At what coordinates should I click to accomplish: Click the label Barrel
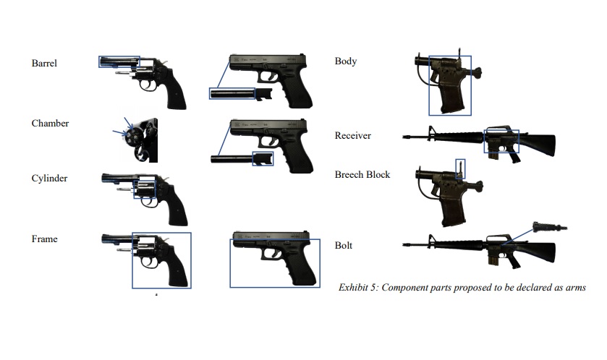coord(44,63)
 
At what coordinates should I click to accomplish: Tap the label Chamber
coord(50,123)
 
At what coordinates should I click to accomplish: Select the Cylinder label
coord(49,179)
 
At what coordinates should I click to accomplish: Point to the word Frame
coord(44,239)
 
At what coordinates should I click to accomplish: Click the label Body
coord(345,61)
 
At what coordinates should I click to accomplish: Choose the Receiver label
coord(352,135)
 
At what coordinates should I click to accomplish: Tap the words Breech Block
coord(362,174)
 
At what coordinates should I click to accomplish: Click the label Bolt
coord(344,245)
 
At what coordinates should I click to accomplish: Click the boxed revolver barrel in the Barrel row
coord(119,61)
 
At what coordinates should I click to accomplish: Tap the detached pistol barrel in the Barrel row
coord(232,93)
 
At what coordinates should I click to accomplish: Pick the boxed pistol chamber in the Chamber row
coord(263,158)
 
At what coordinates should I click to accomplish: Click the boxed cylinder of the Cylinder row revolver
coord(145,189)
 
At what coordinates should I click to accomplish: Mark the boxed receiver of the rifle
coord(501,141)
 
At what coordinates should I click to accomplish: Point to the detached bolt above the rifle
coord(550,227)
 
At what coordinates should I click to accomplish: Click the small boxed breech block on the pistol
coord(460,168)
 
